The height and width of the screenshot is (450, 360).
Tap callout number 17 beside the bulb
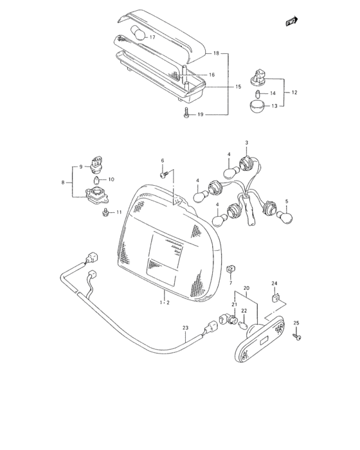pyautogui.click(x=152, y=37)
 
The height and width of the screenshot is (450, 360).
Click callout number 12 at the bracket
pyautogui.click(x=294, y=93)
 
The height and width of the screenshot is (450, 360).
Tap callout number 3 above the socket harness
pyautogui.click(x=246, y=142)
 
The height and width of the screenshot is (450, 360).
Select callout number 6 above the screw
pyautogui.click(x=163, y=160)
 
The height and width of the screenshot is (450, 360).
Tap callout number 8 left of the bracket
pyautogui.click(x=63, y=183)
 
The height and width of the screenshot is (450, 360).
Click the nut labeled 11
pyautogui.click(x=104, y=213)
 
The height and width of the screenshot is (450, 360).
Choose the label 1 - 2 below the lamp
pyautogui.click(x=164, y=301)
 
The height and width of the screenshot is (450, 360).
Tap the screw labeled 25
pyautogui.click(x=297, y=335)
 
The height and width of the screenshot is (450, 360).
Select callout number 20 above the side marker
pyautogui.click(x=246, y=289)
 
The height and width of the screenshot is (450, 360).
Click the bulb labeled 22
pyautogui.click(x=244, y=322)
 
